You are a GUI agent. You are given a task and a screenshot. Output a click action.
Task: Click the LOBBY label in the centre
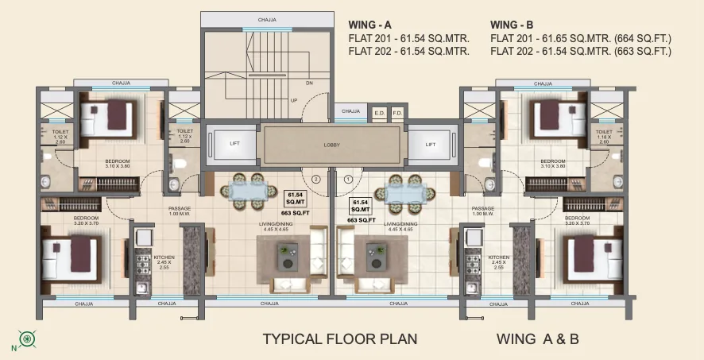[331, 145]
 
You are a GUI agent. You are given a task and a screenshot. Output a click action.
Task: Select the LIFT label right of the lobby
[430, 144]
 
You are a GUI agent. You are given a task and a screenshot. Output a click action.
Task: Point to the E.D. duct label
[379, 113]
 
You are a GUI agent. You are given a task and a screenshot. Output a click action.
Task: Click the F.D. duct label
[397, 113]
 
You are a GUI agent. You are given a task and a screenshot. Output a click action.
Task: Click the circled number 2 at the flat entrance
[316, 180]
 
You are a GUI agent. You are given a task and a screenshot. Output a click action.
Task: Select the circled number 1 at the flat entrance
[347, 180]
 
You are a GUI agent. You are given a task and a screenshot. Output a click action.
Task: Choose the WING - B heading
[513, 24]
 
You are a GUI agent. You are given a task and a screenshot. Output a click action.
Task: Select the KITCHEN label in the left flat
[164, 257]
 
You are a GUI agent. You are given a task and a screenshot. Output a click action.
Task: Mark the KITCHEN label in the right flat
[499, 257]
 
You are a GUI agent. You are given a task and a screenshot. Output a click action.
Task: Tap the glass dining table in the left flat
[246, 192]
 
